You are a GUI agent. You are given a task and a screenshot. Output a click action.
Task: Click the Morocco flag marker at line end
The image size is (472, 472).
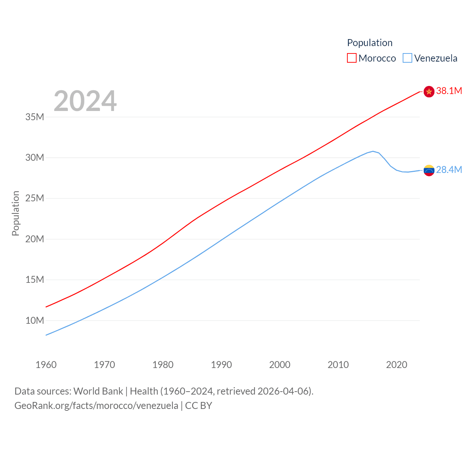pyautogui.click(x=429, y=91)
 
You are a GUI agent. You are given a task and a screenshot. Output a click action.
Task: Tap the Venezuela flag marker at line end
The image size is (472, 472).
pyautogui.click(x=429, y=170)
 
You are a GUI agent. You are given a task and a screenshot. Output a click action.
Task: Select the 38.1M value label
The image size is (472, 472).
pyautogui.click(x=449, y=91)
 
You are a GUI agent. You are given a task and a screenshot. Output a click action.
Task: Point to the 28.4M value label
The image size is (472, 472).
pyautogui.click(x=449, y=170)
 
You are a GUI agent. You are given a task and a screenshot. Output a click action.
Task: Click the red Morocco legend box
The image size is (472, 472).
pyautogui.click(x=352, y=58)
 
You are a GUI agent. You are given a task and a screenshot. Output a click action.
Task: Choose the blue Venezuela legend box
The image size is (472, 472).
pyautogui.click(x=407, y=58)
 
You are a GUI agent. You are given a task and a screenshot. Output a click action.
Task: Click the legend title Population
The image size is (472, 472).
pyautogui.click(x=369, y=43)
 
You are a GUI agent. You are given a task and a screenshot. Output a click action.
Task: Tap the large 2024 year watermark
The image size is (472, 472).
pyautogui.click(x=85, y=101)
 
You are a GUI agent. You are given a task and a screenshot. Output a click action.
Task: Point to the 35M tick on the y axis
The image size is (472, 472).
pyautogui.click(x=35, y=117)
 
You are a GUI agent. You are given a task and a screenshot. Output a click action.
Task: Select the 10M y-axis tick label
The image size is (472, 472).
pyautogui.click(x=35, y=320)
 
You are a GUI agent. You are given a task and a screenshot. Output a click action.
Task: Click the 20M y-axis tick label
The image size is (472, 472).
pyautogui.click(x=35, y=239)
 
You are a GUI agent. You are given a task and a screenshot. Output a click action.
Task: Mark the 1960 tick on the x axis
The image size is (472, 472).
pyautogui.click(x=46, y=365)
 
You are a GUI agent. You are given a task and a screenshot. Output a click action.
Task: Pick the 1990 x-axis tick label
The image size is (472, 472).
pyautogui.click(x=221, y=365)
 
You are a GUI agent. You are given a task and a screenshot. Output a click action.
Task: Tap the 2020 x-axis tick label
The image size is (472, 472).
pyautogui.click(x=396, y=365)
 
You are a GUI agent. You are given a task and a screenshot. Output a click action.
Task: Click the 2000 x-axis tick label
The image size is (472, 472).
pyautogui.click(x=280, y=365)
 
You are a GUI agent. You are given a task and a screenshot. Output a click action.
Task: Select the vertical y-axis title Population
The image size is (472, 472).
pyautogui.click(x=15, y=213)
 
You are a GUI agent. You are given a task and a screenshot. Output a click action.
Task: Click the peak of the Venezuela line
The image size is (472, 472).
pyautogui.click(x=373, y=151)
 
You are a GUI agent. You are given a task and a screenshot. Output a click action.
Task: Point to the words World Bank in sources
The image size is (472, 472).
pyautogui.click(x=98, y=391)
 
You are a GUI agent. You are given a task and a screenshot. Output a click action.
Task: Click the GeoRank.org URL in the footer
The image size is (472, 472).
pyautogui.click(x=96, y=406)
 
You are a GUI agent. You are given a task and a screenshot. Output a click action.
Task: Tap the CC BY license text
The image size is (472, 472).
pyautogui.click(x=198, y=406)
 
